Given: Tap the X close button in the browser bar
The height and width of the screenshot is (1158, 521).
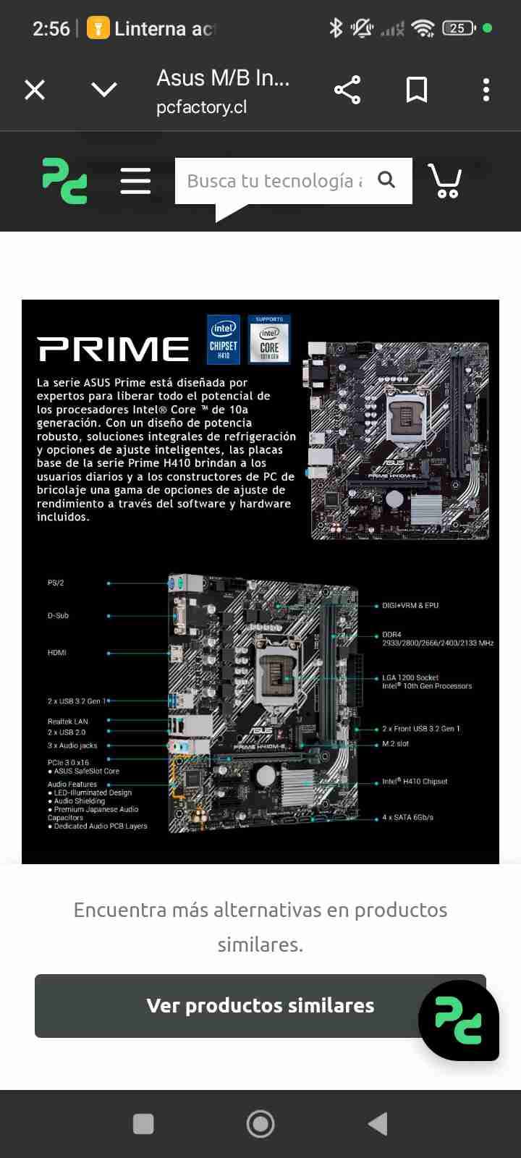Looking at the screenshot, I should [x=35, y=90].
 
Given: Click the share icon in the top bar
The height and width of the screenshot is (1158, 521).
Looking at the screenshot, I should [x=347, y=90].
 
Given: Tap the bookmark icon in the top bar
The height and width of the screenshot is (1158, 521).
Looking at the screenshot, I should [x=417, y=90].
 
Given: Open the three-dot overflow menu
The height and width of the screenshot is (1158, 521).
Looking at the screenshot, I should [x=486, y=90].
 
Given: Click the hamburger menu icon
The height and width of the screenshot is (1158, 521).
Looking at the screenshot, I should [x=135, y=181].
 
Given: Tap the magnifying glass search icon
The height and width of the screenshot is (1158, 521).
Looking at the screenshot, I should [x=387, y=179].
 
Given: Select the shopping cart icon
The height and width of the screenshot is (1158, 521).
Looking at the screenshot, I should [x=445, y=181].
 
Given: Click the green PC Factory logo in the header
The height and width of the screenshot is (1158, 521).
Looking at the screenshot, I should [x=64, y=181].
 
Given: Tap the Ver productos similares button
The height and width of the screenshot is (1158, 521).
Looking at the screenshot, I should [x=260, y=1005].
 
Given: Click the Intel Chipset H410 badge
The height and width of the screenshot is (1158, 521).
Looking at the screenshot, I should [x=224, y=339].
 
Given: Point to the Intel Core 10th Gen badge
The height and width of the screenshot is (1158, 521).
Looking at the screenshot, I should [x=269, y=339].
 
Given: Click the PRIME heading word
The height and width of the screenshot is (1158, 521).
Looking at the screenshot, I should [x=114, y=349].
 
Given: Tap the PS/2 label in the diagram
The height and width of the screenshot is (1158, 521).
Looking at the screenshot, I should [x=56, y=583].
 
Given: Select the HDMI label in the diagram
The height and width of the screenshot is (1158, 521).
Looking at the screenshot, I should [x=57, y=653].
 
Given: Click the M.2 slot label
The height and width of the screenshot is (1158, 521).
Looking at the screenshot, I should [x=395, y=743].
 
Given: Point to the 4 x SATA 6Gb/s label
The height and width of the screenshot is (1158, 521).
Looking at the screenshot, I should [x=407, y=818].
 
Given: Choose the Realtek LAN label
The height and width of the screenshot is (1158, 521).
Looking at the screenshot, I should [x=68, y=722].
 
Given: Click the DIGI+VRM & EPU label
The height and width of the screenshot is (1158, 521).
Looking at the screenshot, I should [x=410, y=605].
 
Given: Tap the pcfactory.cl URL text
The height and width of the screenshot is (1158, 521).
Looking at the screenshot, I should [x=201, y=107].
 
